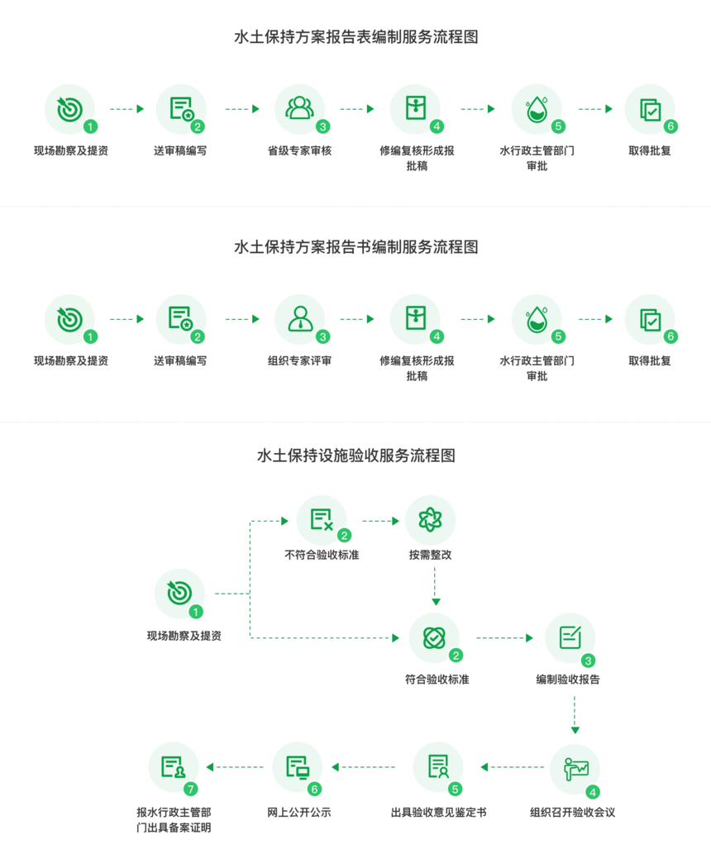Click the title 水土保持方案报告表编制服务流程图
(x=356, y=37)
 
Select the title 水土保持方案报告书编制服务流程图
(x=356, y=247)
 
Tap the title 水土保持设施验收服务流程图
(x=356, y=456)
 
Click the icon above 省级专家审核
(x=299, y=108)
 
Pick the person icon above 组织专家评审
(x=299, y=318)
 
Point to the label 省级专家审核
(x=299, y=151)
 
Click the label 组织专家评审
(x=299, y=361)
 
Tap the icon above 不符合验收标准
(x=321, y=520)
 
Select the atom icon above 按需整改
(x=430, y=520)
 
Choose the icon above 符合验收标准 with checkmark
(x=434, y=637)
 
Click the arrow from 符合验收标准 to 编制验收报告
(x=504, y=638)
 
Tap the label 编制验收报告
(x=568, y=680)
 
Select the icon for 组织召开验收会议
(x=575, y=769)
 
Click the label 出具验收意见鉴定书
(x=438, y=813)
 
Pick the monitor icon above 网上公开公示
(x=297, y=767)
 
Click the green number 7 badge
(x=191, y=789)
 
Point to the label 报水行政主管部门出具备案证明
(x=174, y=820)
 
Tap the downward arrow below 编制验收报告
(x=575, y=715)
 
